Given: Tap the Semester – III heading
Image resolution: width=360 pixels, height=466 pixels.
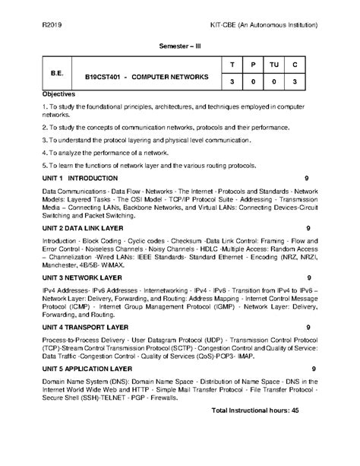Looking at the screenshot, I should point(179,45).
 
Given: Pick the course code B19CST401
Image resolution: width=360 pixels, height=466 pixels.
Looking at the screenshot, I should point(103,77).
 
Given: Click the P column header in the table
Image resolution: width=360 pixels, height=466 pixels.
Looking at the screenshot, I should point(254,65).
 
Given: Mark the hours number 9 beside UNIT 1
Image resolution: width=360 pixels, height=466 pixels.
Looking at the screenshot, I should point(306,176).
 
